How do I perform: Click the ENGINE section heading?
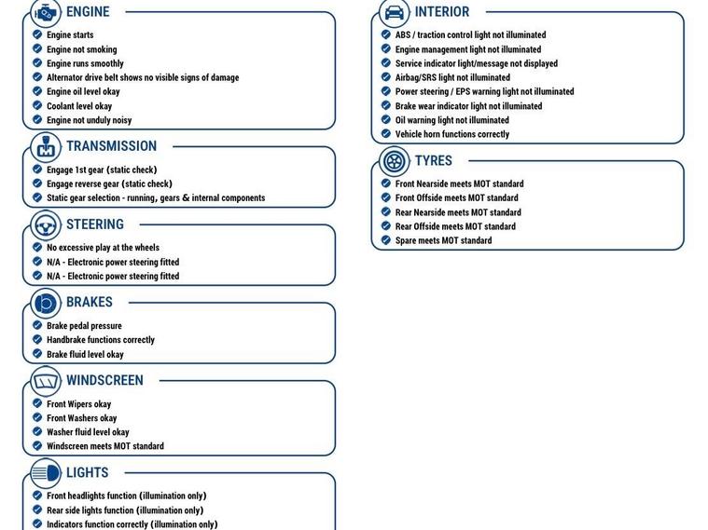[88, 12]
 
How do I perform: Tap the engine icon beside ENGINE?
[46, 13]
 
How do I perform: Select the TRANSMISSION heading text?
[111, 146]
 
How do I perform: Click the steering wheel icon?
[46, 225]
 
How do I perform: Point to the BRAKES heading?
[89, 303]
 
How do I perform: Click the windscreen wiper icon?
[46, 381]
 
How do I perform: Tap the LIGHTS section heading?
[87, 473]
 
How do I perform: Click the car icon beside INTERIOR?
[395, 13]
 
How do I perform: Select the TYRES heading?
[433, 161]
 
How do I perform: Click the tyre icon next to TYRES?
[395, 161]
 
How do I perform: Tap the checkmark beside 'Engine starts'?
[37, 35]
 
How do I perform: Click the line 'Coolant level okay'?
[79, 106]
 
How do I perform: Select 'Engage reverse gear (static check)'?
[109, 183]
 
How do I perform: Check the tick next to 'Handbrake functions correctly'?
[37, 340]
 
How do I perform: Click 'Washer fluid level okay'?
[88, 432]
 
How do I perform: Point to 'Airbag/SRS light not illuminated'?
[452, 77]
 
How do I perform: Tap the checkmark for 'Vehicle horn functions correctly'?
[386, 134]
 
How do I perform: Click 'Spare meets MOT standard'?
[443, 240]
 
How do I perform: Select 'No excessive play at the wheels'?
[103, 248]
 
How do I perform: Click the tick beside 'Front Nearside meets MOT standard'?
[386, 183]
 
